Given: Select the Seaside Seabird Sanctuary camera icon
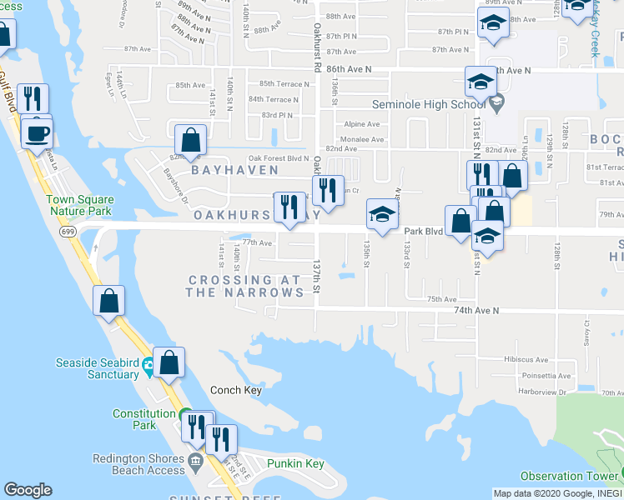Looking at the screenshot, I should coord(148,364).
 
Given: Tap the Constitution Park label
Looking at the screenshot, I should coord(143,419).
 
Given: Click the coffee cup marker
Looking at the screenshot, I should coord(37,133).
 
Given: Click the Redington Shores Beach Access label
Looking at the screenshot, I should coord(138,464).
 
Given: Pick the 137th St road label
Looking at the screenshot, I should coord(317,275).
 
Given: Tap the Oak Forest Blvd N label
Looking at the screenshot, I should coord(277,157).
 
